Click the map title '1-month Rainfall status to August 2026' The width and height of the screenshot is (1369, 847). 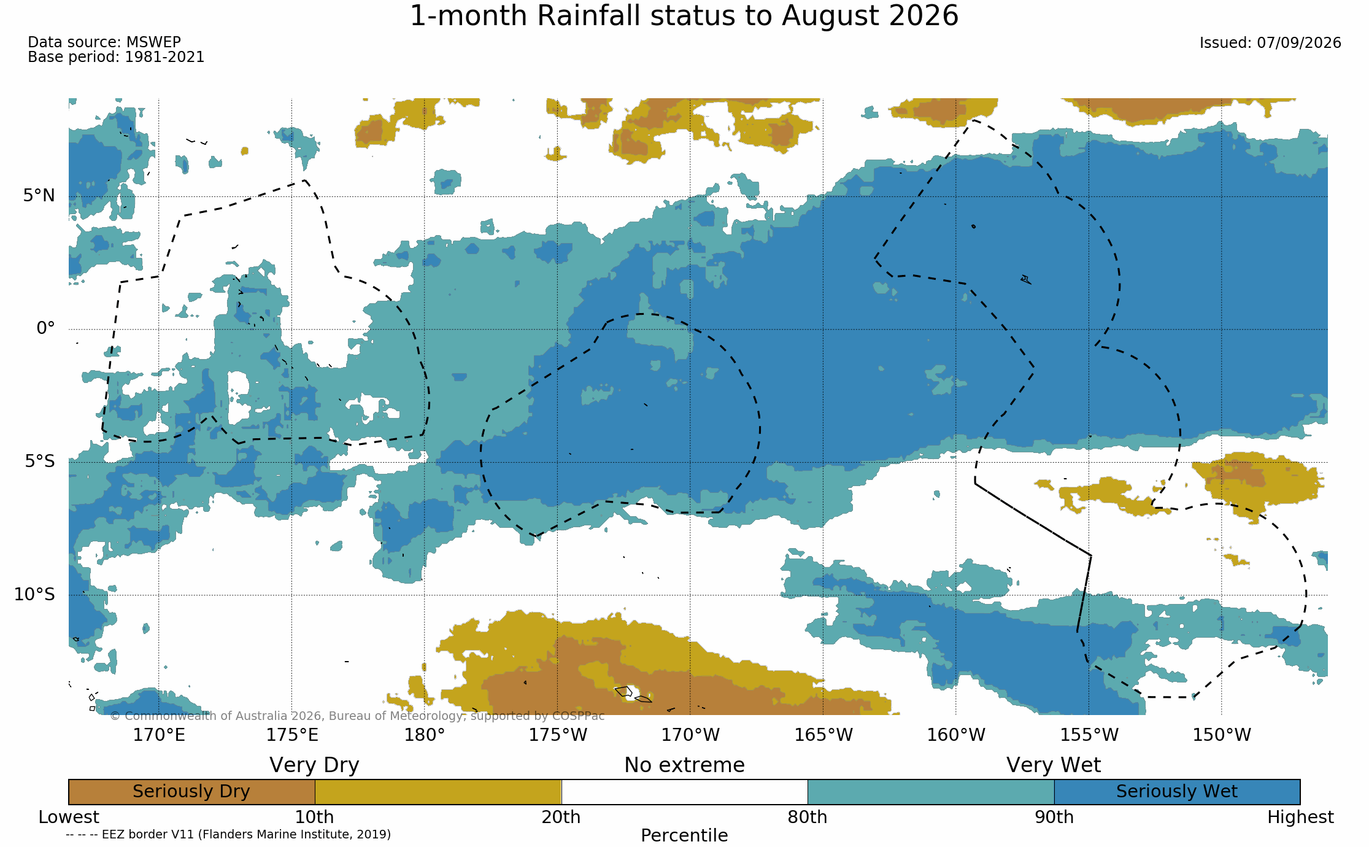[x=684, y=16]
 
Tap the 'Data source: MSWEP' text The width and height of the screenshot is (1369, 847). [x=104, y=42]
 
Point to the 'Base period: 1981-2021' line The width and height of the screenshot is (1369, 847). [x=116, y=57]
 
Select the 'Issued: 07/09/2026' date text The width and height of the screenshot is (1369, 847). [x=1270, y=43]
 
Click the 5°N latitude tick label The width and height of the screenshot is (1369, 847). [x=39, y=196]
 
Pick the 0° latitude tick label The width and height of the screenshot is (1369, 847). [x=45, y=328]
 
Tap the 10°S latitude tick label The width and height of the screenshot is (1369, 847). [x=34, y=594]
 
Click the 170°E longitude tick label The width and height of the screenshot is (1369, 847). [x=159, y=735]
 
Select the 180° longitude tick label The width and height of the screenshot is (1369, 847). [x=424, y=735]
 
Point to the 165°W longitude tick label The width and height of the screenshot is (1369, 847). [x=823, y=735]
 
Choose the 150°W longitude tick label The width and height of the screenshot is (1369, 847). [x=1221, y=735]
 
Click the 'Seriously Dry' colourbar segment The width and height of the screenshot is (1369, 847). [x=191, y=792]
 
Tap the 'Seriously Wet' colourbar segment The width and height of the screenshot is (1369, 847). [x=1177, y=792]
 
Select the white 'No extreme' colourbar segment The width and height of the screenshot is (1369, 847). [x=684, y=792]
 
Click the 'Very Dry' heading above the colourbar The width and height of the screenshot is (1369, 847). [x=314, y=765]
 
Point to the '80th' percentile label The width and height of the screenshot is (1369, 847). [x=808, y=818]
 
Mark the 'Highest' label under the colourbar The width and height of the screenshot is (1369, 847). [x=1300, y=818]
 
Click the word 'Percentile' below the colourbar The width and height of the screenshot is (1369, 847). [x=684, y=835]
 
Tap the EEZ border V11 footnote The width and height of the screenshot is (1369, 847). [x=228, y=835]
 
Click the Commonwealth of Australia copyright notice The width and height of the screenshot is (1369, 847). [x=357, y=716]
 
